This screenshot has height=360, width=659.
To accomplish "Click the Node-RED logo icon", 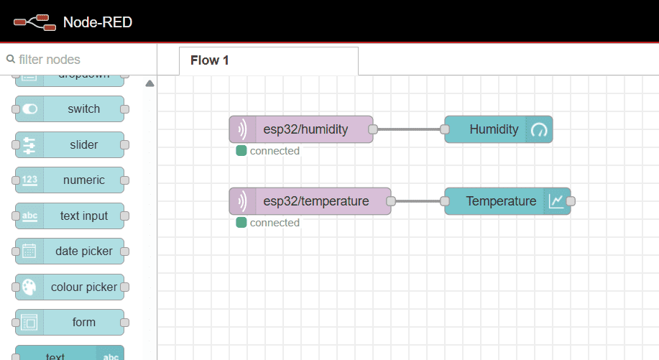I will [34, 22].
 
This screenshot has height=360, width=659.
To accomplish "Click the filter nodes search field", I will [79, 60].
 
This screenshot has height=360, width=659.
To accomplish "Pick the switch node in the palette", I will [70, 109].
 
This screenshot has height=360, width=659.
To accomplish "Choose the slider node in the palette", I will [70, 144].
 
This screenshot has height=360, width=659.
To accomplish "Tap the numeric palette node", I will [70, 180].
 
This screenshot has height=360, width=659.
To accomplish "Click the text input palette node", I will [70, 216].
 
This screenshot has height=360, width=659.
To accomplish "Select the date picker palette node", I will [70, 251].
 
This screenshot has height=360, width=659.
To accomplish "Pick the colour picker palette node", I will [70, 287].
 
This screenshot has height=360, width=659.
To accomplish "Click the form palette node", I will [70, 323].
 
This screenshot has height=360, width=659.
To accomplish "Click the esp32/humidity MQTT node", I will [301, 129].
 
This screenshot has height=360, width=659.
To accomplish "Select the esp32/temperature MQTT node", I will [310, 201].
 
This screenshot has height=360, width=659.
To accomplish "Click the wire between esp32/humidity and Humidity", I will [408, 129].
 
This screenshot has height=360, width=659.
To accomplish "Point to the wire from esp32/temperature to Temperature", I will [418, 201].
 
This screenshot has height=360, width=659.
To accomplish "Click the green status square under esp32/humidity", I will [241, 151].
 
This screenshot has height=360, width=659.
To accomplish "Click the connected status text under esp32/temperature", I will [275, 223].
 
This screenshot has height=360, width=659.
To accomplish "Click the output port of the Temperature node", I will [571, 201].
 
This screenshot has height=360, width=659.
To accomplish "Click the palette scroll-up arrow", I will [149, 84].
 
